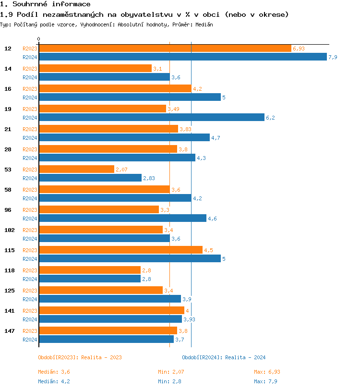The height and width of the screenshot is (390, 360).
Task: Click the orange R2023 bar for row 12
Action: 165,49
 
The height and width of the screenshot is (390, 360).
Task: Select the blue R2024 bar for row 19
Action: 151,118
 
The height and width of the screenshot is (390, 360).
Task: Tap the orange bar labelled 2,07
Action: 76,170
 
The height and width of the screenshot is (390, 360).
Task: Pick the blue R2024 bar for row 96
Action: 122,219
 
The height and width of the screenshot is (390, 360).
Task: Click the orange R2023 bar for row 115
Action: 120,250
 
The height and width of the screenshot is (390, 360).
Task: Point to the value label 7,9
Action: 333,57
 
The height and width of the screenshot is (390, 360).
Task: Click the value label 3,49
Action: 173,109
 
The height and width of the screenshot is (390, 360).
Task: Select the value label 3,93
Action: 189,319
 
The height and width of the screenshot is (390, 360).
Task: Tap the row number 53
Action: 8,170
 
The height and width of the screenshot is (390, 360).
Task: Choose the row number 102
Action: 10,230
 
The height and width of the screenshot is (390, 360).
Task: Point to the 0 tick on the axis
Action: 39,39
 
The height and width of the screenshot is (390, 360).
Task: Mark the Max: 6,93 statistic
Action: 267,372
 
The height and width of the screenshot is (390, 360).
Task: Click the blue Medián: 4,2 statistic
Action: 54,381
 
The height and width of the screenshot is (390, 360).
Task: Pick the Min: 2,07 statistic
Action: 171,372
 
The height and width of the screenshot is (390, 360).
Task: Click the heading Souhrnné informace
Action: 45,4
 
